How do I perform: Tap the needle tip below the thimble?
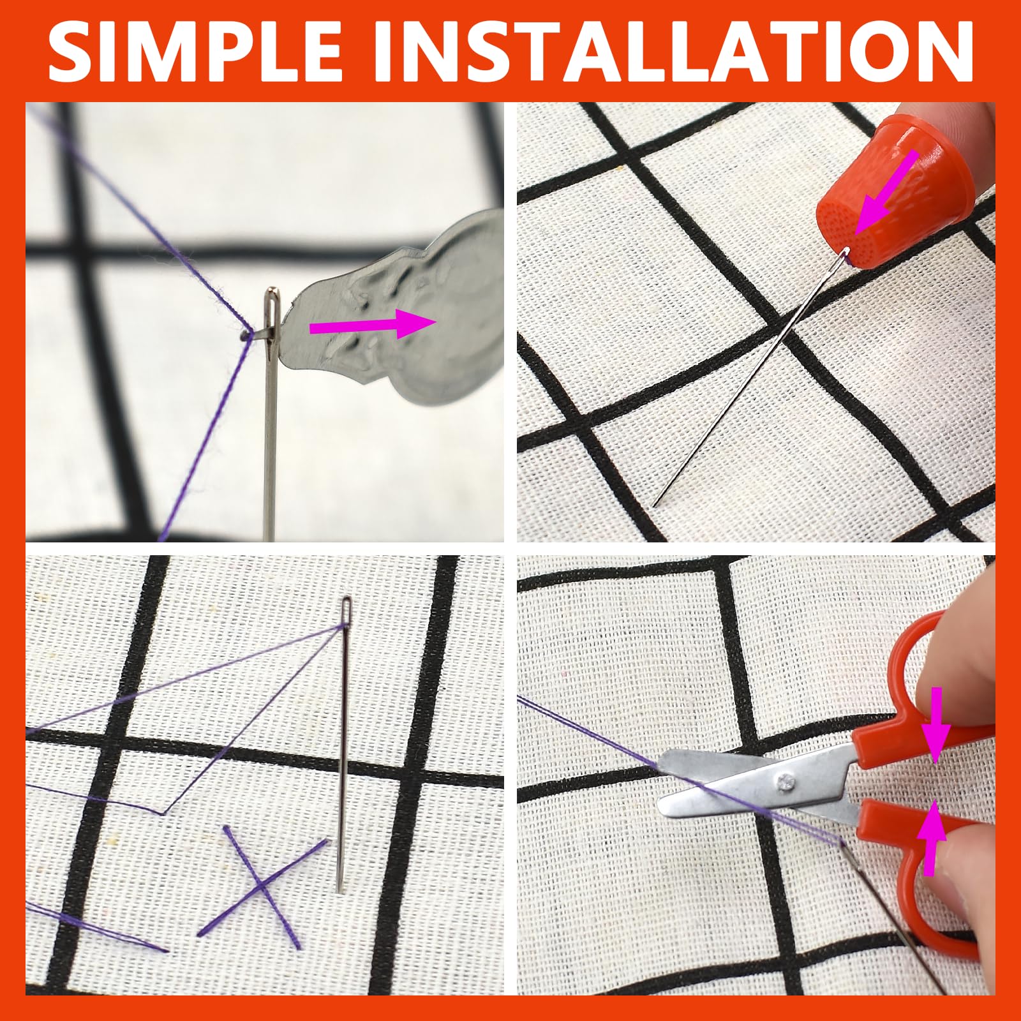click(655, 503)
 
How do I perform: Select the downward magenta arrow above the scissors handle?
click(935, 725)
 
